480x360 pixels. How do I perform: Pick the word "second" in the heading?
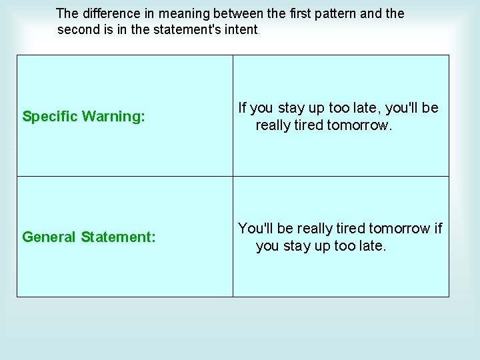click(79, 30)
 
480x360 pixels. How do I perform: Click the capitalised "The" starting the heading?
click(68, 13)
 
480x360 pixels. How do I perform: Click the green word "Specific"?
click(49, 117)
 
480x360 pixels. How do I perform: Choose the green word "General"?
click(49, 237)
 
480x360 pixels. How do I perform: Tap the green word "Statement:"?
click(119, 237)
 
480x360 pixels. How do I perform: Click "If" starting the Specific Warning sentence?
click(243, 108)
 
